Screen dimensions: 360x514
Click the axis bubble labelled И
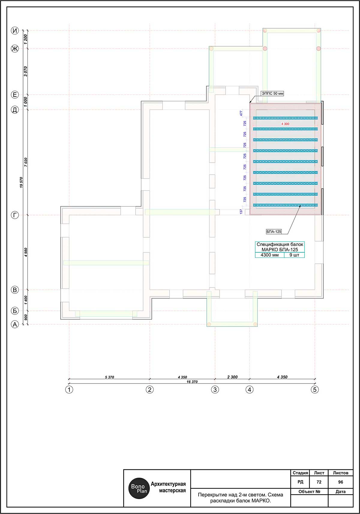15,31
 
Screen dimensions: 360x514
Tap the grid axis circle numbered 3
215,389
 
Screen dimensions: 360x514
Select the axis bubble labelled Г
15,215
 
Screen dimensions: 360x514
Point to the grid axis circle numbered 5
315,389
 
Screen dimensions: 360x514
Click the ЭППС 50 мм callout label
273,93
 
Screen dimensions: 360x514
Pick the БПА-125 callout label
274,232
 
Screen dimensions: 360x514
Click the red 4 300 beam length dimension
285,124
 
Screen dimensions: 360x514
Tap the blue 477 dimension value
241,113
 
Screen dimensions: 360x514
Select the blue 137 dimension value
241,211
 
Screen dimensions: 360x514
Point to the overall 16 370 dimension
192,382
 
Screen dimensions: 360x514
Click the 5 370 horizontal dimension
109,377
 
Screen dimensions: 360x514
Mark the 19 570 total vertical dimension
21,182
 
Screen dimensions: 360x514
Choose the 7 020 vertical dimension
26,162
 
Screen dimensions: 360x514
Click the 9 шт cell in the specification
294,255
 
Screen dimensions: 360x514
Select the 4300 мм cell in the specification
270,255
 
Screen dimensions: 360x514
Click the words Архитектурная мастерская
168,487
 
